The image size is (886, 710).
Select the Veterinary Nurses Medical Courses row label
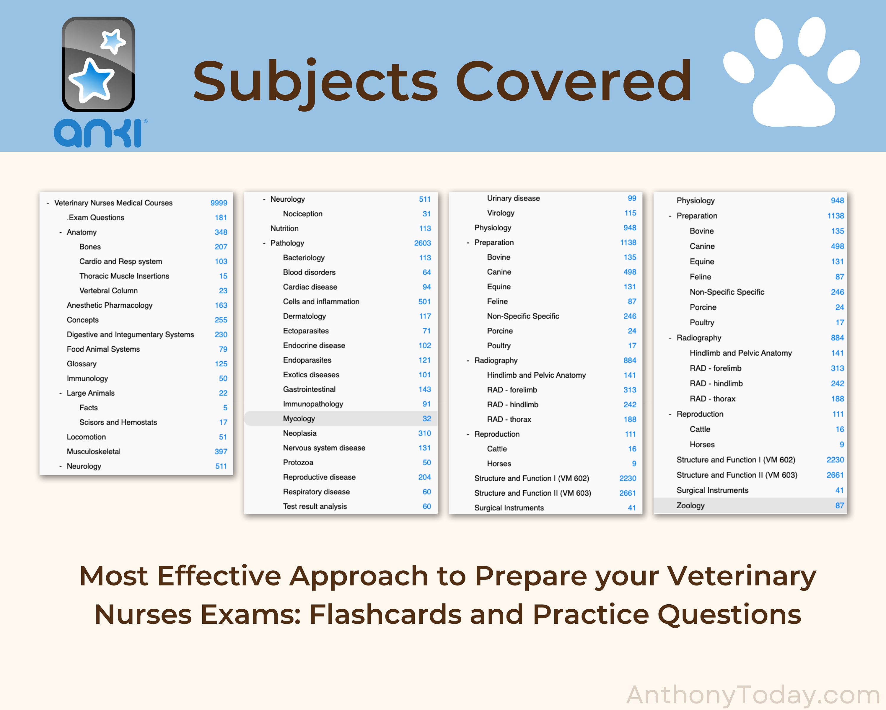(113, 203)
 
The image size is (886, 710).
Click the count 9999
(219, 203)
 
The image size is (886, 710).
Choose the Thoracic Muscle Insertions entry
(124, 276)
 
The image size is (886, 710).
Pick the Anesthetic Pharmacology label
(109, 305)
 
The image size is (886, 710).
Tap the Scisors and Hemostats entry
(118, 422)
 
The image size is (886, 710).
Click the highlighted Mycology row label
(299, 419)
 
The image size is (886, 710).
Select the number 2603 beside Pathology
(422, 243)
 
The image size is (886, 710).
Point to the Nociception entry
(302, 214)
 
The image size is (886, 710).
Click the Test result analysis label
(315, 507)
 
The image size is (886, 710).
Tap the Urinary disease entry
(513, 198)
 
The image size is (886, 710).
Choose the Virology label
(501, 213)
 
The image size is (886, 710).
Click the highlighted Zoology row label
(690, 506)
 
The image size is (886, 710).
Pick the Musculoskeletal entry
(94, 452)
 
